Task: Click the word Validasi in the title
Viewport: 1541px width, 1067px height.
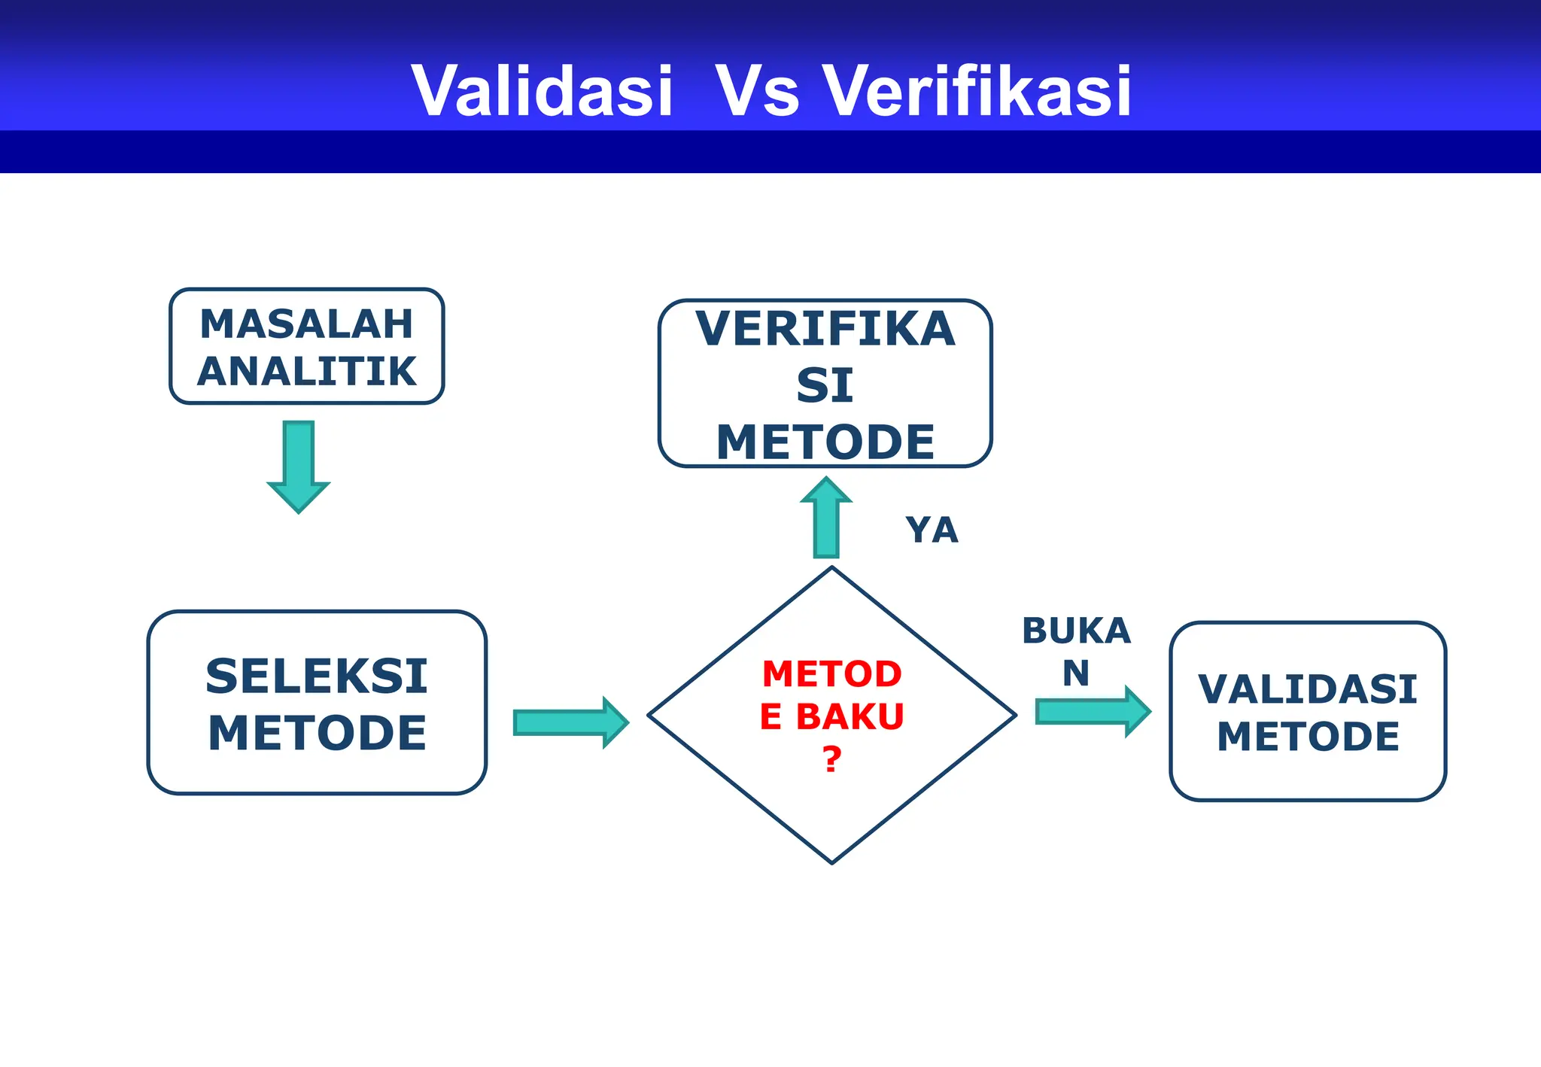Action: (x=542, y=91)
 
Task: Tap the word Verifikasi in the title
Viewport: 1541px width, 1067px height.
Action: (x=977, y=91)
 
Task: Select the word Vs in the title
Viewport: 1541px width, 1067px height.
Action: (x=756, y=91)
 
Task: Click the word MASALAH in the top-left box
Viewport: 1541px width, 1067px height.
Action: (x=307, y=324)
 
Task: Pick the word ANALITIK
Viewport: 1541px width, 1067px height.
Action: (x=307, y=372)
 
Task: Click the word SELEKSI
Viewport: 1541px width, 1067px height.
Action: (x=317, y=676)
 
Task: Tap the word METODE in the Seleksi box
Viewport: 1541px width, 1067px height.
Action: (x=317, y=734)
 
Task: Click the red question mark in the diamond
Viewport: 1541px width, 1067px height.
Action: (x=831, y=760)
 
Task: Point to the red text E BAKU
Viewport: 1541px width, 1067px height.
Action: (x=831, y=716)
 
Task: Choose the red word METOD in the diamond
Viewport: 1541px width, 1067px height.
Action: (x=831, y=674)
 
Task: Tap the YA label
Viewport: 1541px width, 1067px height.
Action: (x=932, y=530)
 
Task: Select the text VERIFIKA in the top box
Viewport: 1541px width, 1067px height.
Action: (x=825, y=329)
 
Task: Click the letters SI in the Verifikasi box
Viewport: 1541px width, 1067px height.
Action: (x=825, y=385)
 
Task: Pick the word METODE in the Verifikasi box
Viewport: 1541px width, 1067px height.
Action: (x=825, y=442)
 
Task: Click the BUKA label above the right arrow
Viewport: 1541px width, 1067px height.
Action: (x=1076, y=631)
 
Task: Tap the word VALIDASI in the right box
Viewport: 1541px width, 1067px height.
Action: (x=1308, y=689)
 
